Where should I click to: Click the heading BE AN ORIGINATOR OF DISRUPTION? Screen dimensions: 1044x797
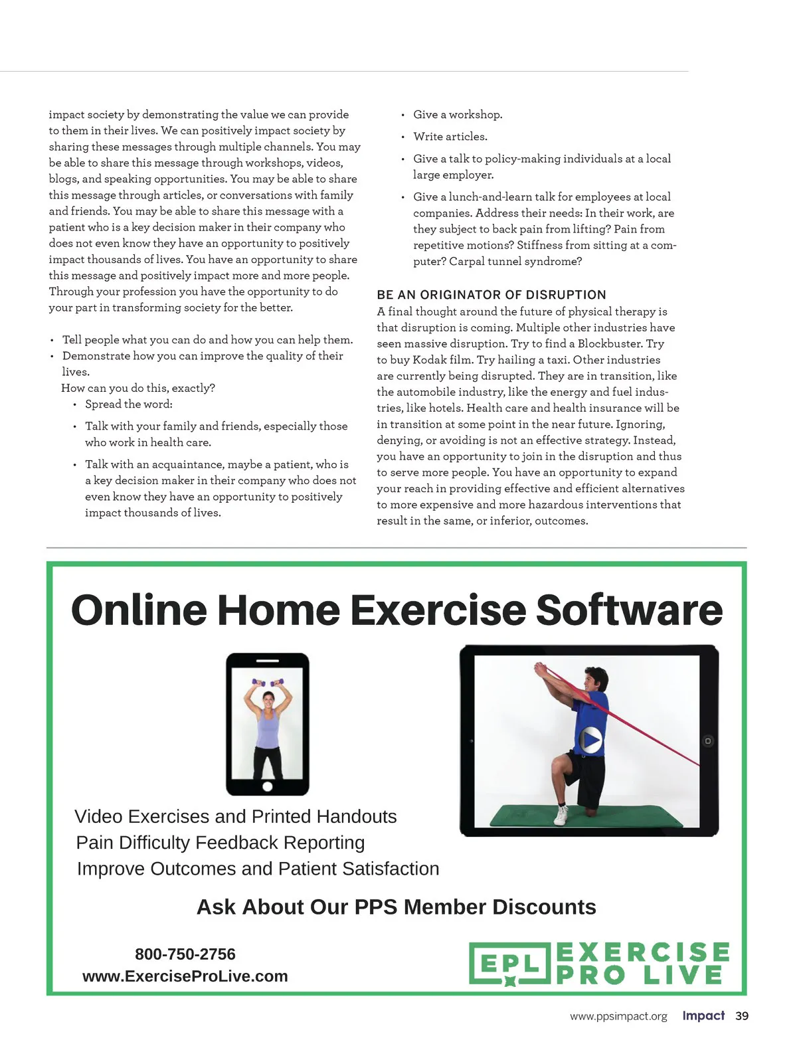click(491, 295)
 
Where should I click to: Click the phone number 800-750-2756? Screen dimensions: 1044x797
click(185, 954)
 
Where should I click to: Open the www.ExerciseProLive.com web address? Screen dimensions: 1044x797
click(185, 976)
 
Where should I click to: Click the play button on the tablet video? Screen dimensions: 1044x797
click(590, 739)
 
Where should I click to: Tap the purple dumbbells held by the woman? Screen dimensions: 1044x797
click(268, 682)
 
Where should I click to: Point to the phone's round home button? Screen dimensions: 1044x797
click(268, 787)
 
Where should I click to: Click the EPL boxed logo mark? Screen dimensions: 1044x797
click(509, 964)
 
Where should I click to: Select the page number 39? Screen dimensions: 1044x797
click(742, 1016)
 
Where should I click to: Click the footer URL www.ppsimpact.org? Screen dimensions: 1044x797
click(618, 1017)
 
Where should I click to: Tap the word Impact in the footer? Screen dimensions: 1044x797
click(703, 1016)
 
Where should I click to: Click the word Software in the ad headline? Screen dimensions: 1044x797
click(629, 610)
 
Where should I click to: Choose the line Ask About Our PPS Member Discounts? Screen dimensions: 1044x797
click(397, 907)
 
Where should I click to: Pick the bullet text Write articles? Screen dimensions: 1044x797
click(450, 137)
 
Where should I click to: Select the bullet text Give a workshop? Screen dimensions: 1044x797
click(458, 115)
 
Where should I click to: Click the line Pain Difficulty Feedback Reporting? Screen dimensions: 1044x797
click(221, 843)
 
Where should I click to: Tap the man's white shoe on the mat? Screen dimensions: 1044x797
click(562, 816)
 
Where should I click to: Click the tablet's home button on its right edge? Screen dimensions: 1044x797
click(708, 740)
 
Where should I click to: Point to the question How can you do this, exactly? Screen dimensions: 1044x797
click(138, 388)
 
